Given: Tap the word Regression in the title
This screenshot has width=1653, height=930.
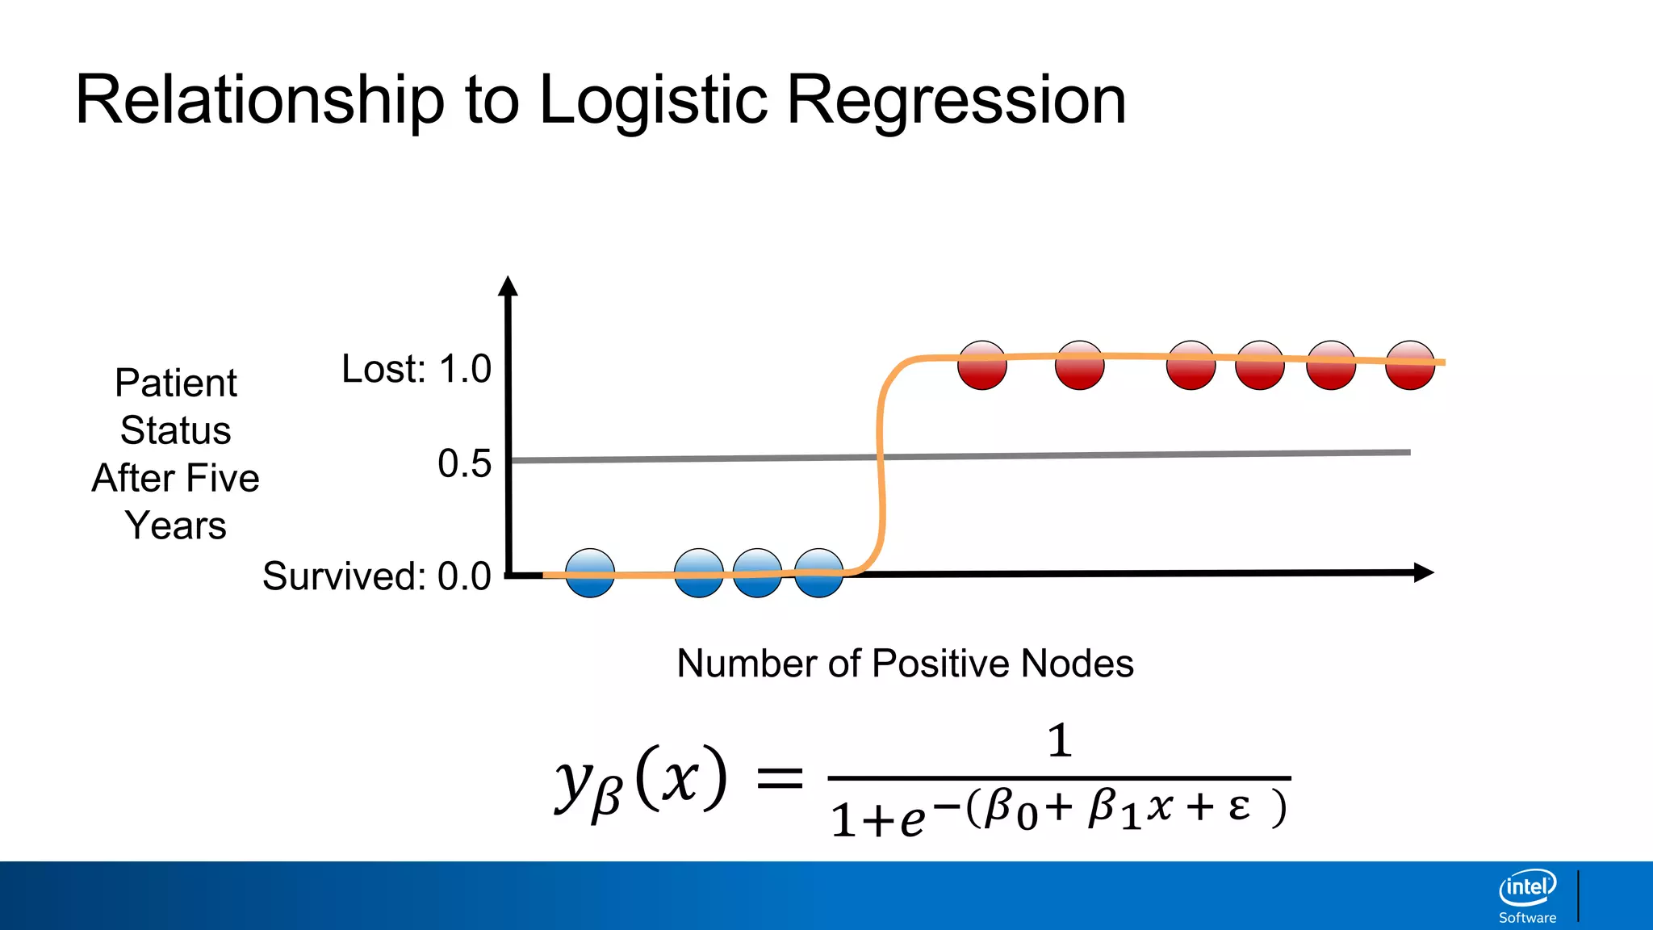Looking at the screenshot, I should tap(956, 100).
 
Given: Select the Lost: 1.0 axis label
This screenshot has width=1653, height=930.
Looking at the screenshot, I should tap(416, 369).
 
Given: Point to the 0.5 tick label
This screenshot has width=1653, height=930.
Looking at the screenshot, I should tap(464, 463).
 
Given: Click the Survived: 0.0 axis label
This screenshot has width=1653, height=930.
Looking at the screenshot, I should tap(377, 576).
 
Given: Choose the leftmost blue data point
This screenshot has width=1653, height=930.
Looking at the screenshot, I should tap(590, 573).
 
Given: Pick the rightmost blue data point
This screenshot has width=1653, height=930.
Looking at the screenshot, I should tap(819, 573).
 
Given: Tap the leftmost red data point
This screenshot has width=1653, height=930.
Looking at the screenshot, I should tap(982, 365).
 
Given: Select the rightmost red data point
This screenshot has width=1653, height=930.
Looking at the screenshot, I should tap(1410, 365).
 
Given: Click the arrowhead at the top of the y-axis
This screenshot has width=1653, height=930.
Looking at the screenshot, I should tap(508, 286).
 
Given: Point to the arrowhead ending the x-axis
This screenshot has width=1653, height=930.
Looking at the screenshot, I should tap(1424, 572).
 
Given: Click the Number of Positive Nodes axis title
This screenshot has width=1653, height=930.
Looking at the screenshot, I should tap(905, 664).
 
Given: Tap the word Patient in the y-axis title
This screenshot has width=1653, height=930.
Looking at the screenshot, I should tap(176, 383).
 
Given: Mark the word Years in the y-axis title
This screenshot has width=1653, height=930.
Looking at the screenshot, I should tap(176, 526).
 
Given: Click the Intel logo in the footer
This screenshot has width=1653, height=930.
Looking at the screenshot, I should tap(1527, 888).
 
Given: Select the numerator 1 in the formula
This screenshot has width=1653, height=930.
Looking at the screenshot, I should tap(1060, 741).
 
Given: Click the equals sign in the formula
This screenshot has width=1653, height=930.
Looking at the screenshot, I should tap(779, 779).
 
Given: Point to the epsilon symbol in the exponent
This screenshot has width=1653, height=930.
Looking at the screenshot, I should tap(1240, 806).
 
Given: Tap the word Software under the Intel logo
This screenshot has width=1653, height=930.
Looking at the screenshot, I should tap(1527, 918).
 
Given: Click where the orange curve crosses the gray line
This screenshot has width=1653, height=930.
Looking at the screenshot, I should tap(881, 457).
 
